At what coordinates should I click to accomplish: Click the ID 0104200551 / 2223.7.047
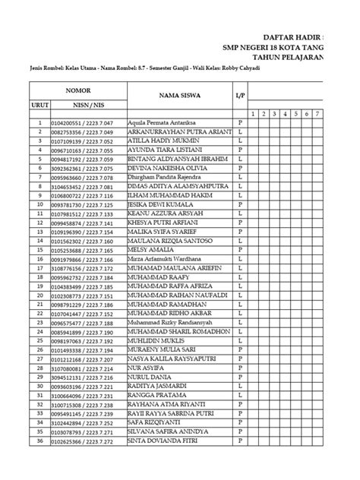click(81, 122)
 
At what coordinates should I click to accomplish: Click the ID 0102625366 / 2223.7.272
click(81, 441)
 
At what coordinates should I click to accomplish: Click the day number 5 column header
click(295, 113)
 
